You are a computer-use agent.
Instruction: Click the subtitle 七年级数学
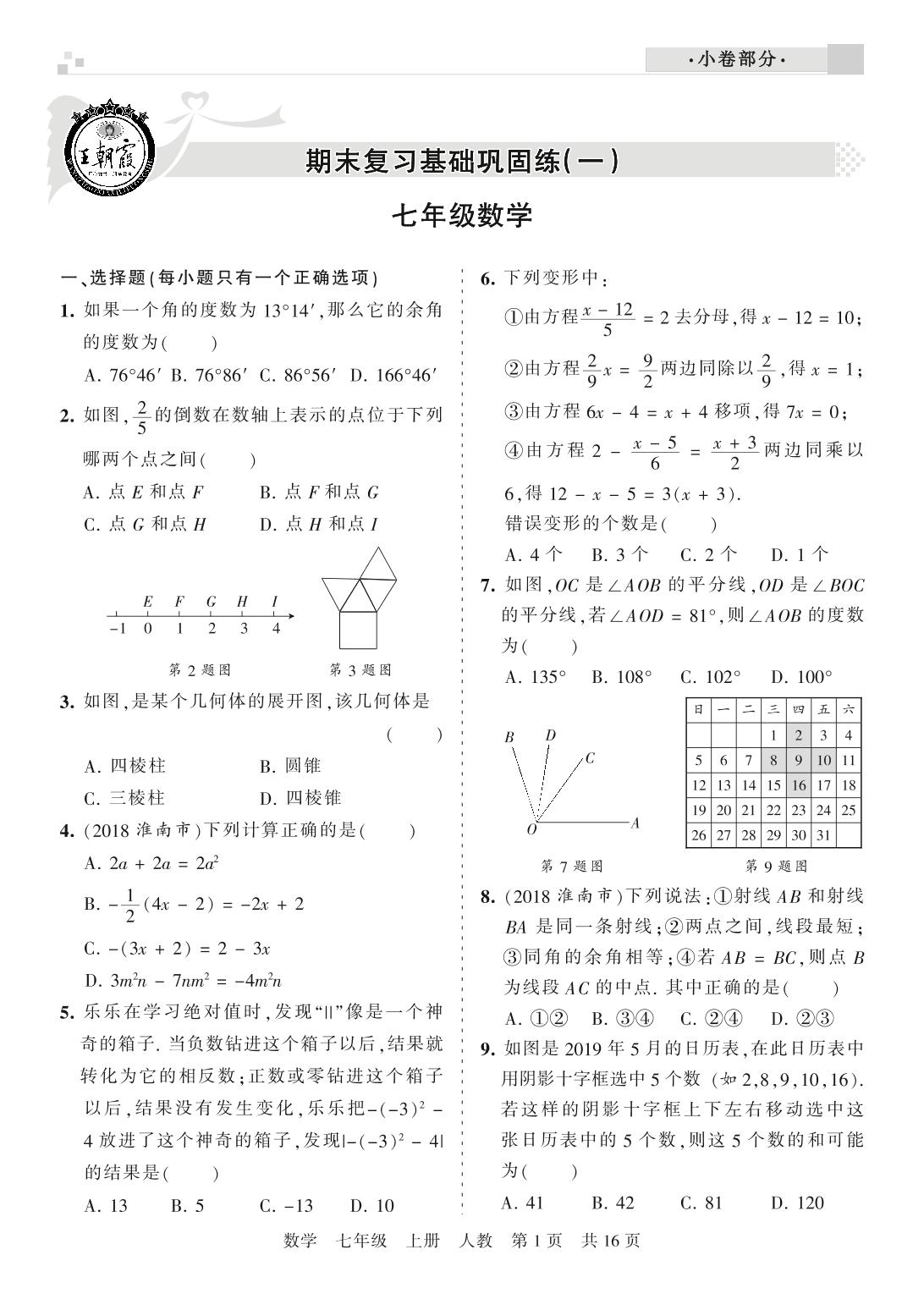coord(462,216)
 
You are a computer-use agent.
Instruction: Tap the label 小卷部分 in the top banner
coord(736,60)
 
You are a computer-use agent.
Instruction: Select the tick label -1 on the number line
coord(116,629)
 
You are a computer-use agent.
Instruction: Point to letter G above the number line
coord(211,602)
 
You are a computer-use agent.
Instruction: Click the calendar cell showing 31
coord(823,835)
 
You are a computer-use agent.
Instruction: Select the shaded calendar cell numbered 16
coord(799,785)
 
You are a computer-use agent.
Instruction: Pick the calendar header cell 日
coord(698,710)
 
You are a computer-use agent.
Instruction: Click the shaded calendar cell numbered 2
coord(799,735)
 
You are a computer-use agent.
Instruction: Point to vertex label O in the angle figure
coord(531,830)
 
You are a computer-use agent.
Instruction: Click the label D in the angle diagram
coord(551,735)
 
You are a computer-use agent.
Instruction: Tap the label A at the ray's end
coord(635,822)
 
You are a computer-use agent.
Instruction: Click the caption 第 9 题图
coord(775,866)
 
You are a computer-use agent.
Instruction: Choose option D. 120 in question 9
coord(796,1203)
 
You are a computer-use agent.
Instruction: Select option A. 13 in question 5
coord(106,1205)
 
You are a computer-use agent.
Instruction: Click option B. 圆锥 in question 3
coord(290,766)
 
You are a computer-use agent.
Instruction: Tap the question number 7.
coord(487,585)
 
